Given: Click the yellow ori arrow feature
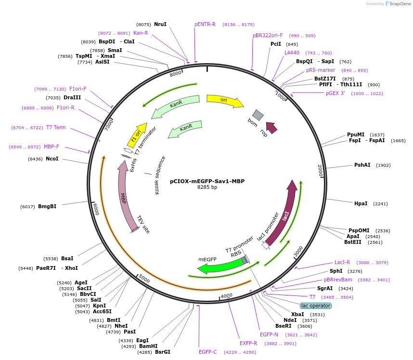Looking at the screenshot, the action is click(225, 101).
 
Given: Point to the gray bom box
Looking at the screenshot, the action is click(258, 115).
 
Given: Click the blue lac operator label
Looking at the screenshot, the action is click(316, 306).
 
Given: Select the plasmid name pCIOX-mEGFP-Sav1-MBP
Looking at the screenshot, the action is click(207, 181).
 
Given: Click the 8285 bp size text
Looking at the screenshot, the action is click(207, 187).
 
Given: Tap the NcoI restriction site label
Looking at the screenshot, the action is click(52, 159).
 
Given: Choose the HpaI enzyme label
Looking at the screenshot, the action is click(361, 203).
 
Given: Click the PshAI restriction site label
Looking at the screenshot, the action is click(362, 165).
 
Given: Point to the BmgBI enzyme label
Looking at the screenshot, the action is click(47, 206).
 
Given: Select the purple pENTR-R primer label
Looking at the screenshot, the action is click(205, 24).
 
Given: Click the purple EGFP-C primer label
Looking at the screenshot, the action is click(208, 352).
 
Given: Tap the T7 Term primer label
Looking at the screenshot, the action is click(56, 127).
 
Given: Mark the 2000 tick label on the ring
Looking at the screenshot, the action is click(320, 171).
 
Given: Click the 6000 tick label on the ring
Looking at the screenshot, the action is click(96, 209).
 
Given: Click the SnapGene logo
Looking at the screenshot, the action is click(398, 4).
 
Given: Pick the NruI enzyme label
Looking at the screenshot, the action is click(160, 24).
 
